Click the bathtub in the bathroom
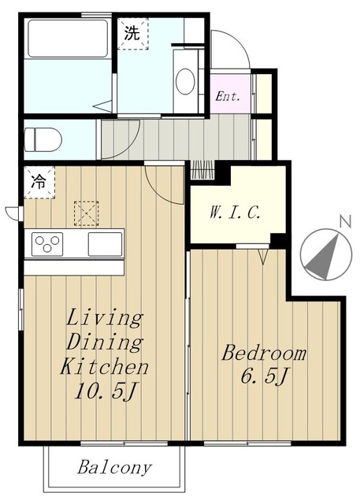68,39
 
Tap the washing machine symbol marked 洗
133,33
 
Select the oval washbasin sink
185,81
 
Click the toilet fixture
43,139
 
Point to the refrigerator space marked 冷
39,182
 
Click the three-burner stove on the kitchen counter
47,244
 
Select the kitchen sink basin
105,244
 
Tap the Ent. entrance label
228,96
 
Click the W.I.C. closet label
235,213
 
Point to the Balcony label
114,468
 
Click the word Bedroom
264,353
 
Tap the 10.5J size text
106,391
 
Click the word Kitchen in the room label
105,367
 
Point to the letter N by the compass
345,221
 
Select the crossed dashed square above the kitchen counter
86,213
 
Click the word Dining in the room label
105,342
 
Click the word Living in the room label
105,318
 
